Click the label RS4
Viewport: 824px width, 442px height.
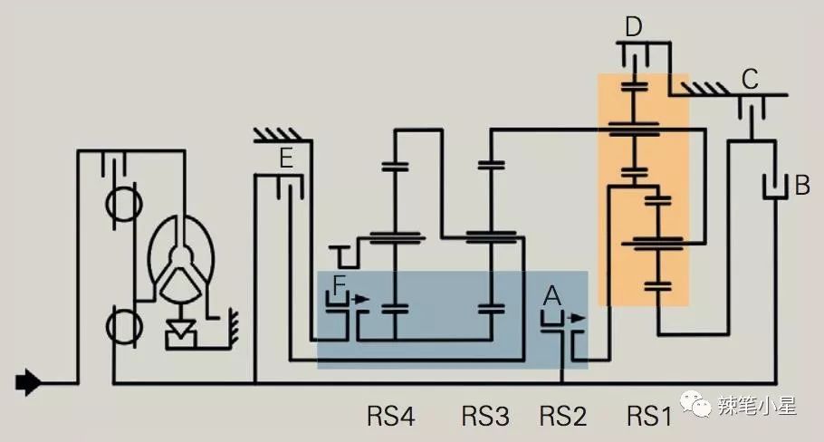[x=391, y=417]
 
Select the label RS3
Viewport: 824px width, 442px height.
[x=486, y=417]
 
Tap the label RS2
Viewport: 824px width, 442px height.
[x=563, y=417]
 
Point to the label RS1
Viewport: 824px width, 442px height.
[x=649, y=417]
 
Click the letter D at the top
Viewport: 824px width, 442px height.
[x=634, y=27]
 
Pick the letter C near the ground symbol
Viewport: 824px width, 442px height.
[x=750, y=79]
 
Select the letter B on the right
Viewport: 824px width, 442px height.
[x=801, y=187]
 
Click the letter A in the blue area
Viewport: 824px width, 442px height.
[x=551, y=294]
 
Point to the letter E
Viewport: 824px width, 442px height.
[x=285, y=161]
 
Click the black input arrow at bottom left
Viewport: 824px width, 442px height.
[x=29, y=383]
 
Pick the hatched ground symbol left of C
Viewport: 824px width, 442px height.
[x=707, y=88]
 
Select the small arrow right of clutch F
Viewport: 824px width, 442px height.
[x=362, y=296]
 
